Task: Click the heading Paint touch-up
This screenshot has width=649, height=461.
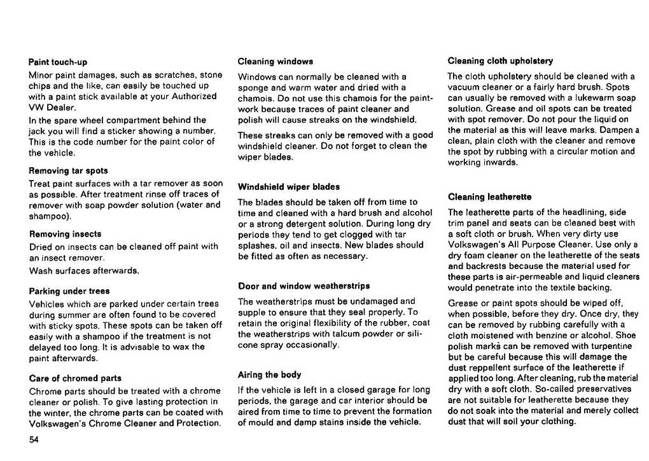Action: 58,62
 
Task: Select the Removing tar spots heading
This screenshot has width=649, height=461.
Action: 69,170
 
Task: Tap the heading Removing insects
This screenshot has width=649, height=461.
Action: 65,234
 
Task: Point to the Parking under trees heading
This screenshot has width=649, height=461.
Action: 69,291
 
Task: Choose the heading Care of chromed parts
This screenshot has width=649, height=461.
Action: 75,378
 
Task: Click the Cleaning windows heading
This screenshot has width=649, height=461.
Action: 275,62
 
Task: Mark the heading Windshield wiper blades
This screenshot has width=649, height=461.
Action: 289,187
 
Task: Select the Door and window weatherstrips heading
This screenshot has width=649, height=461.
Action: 304,286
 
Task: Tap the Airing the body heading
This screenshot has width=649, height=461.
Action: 269,375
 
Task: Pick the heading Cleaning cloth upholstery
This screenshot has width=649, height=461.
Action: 500,61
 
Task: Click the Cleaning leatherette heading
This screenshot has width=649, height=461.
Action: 489,197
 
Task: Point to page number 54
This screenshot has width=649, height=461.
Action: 34,440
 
